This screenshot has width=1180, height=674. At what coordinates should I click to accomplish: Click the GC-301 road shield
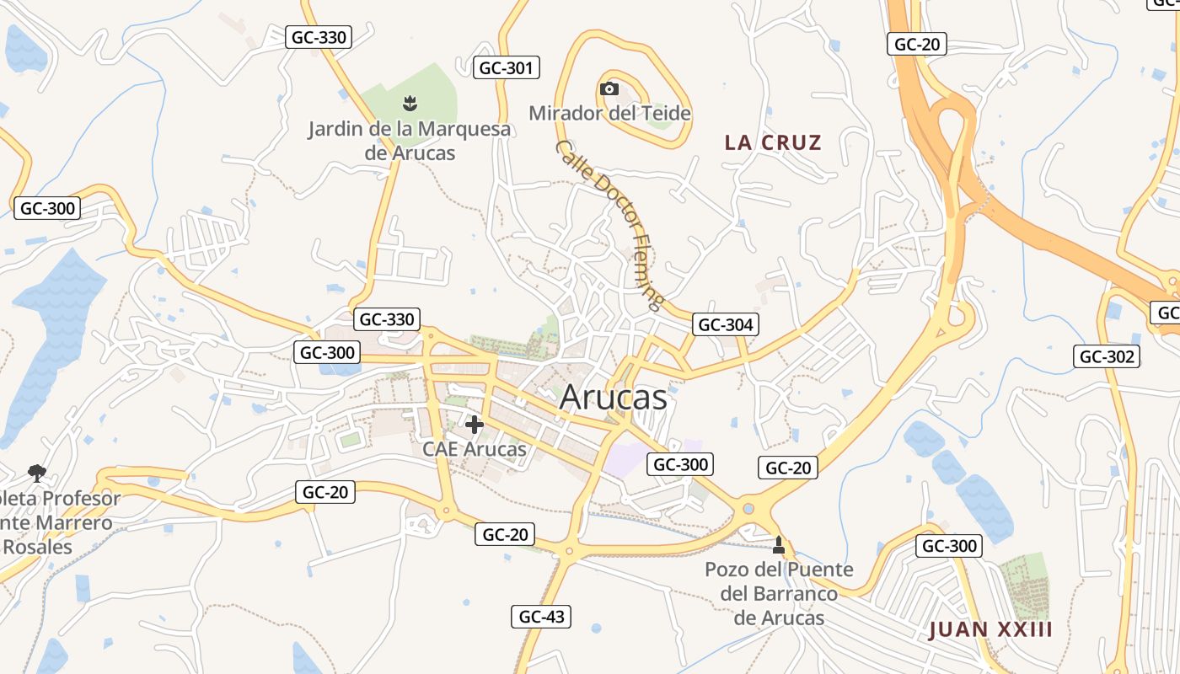click(506, 67)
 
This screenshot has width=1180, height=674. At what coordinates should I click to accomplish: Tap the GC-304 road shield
click(725, 324)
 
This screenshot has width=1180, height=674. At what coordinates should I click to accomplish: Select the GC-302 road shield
click(1107, 356)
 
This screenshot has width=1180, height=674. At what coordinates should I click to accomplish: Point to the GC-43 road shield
click(541, 617)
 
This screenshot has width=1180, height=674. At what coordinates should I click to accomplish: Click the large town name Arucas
click(613, 398)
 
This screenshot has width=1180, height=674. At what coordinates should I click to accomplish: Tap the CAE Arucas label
click(475, 449)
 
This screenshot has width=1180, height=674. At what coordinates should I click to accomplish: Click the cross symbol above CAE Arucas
click(475, 425)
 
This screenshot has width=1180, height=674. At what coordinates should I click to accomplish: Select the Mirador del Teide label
click(609, 113)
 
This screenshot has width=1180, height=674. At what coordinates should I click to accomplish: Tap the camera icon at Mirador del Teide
click(609, 88)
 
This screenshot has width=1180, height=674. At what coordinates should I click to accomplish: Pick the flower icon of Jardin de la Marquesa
click(410, 104)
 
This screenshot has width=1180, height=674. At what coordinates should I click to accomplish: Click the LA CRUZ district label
click(773, 142)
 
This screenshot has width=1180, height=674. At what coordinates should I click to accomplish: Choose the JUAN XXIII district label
click(990, 630)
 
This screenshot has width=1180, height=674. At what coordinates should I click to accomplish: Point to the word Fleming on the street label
click(648, 279)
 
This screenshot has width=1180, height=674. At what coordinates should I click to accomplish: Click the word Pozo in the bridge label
click(727, 570)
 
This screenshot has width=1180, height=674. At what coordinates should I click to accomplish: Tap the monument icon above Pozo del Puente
click(779, 545)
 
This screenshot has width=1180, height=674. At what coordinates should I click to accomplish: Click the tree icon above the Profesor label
click(36, 473)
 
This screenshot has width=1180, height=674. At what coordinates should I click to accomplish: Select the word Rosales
click(38, 547)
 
